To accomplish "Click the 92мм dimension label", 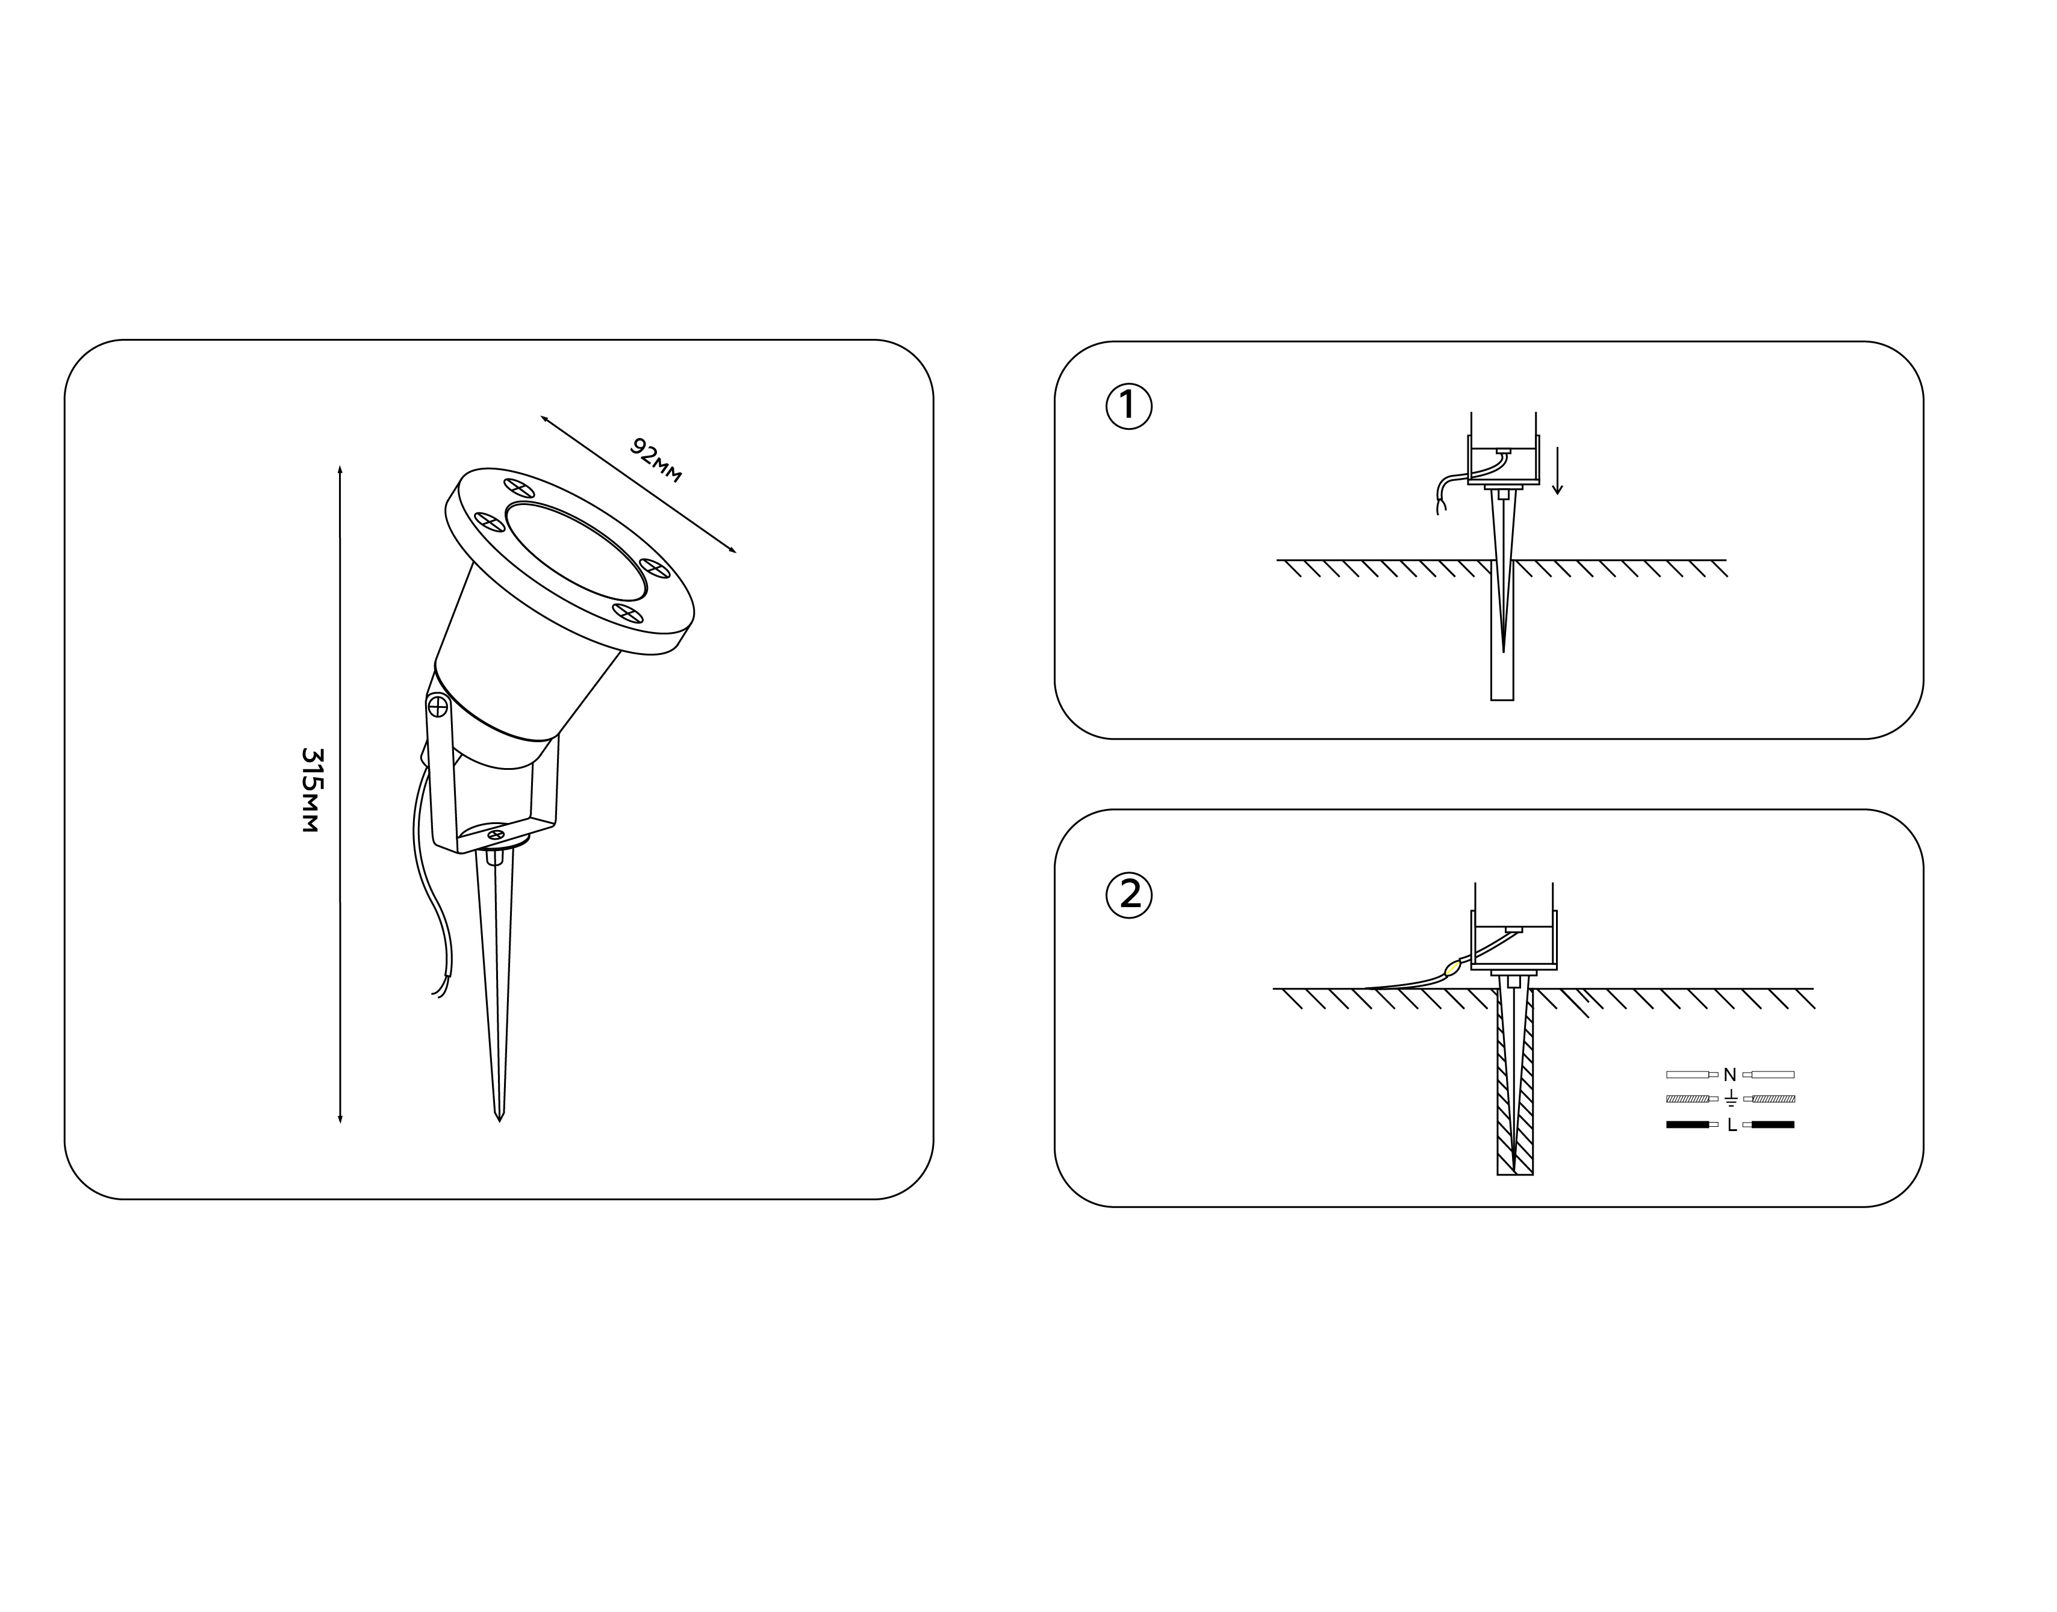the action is pos(655,460).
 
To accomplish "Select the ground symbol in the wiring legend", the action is pos(1731,1099).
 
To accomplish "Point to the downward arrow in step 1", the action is pos(1558,470).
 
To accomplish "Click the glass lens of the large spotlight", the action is pos(576,552).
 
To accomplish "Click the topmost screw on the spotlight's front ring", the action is pos(519,488).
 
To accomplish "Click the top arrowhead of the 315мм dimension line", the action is pos(340,468).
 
